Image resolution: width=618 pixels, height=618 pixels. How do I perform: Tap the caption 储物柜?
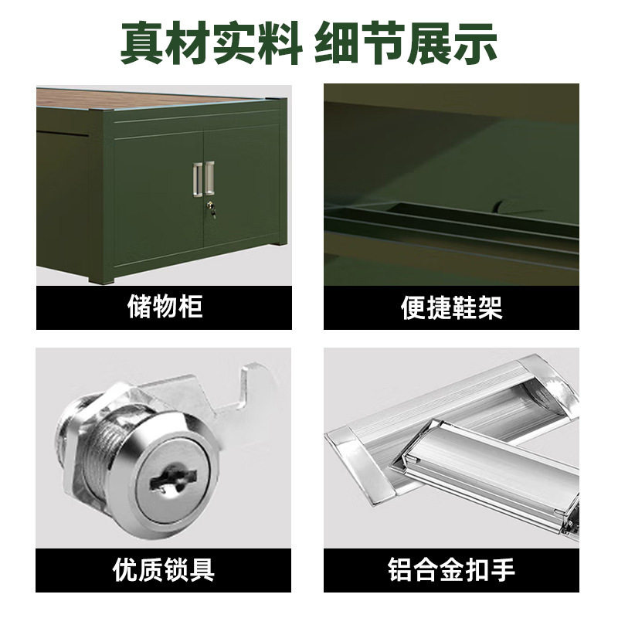click(164, 307)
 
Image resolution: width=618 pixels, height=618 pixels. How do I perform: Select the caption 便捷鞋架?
click(451, 307)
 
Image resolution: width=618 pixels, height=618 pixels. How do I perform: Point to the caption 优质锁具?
click(164, 570)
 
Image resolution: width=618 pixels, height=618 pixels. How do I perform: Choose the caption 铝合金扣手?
click(451, 570)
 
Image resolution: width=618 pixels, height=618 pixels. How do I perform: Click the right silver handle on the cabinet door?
click(209, 178)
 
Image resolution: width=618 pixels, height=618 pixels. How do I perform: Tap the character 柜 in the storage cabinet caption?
click(190, 307)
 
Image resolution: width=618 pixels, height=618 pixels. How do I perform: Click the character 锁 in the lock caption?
click(177, 570)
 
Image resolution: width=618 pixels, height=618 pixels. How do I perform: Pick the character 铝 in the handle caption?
click(400, 570)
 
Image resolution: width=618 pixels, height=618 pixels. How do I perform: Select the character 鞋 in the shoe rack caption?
click(464, 307)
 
